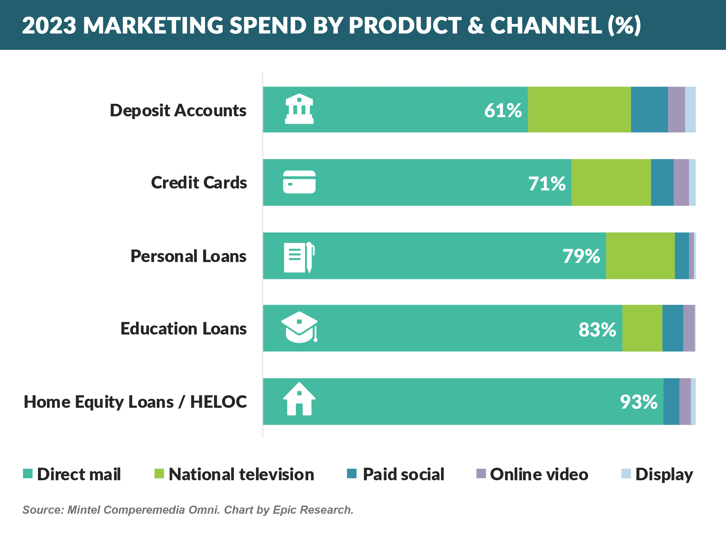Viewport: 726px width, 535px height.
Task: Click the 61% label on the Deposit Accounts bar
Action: pos(503,110)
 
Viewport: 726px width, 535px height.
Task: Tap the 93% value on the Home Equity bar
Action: pos(639,402)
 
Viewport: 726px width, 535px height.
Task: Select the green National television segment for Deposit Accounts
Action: pos(579,110)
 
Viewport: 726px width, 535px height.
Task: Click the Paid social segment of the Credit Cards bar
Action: pos(662,182)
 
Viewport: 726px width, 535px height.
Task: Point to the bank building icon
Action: pos(299,109)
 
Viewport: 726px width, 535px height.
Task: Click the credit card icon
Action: pos(299,182)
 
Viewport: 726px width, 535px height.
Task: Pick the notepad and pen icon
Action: pos(299,257)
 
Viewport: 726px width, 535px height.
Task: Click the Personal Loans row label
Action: pos(189,256)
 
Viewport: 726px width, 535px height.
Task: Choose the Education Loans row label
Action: pos(184,329)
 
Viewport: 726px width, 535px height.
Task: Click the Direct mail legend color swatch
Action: pos(28,473)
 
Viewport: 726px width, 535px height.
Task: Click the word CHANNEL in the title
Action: pos(546,25)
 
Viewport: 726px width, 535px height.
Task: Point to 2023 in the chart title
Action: pos(49,25)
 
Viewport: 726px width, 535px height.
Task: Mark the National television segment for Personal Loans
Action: pos(640,256)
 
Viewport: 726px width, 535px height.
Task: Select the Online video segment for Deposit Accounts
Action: pos(676,110)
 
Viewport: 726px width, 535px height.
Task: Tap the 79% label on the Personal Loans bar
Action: pos(581,256)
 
